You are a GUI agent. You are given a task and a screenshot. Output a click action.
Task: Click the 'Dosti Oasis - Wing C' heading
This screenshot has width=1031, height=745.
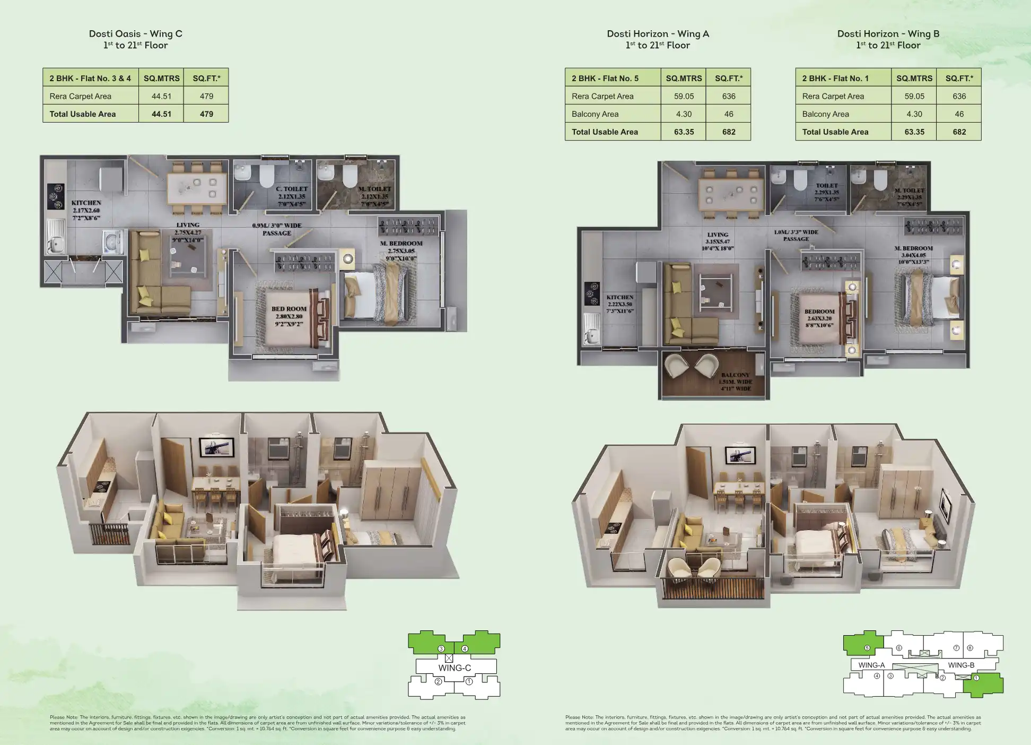pyautogui.click(x=135, y=33)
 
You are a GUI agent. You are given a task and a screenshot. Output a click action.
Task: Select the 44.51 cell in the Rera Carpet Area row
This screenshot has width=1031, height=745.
pyautogui.click(x=161, y=96)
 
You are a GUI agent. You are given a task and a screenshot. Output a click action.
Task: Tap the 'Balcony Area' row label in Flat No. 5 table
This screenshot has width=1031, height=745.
pyautogui.click(x=595, y=114)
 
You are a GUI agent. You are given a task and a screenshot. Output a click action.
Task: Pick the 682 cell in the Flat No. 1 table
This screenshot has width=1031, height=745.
pyautogui.click(x=959, y=132)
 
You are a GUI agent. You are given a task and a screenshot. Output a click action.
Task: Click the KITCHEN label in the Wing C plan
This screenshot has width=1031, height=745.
pyautogui.click(x=86, y=203)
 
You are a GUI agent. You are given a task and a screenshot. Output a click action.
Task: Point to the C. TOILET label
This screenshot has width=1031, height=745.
pyautogui.click(x=291, y=189)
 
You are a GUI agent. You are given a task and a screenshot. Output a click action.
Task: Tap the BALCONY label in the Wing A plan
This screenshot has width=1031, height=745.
pyautogui.click(x=735, y=375)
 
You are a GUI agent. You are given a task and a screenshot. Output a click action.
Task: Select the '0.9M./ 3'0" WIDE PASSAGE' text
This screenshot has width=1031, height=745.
pyautogui.click(x=276, y=229)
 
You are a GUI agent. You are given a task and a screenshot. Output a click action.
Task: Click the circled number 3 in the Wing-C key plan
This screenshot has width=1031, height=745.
pyautogui.click(x=441, y=648)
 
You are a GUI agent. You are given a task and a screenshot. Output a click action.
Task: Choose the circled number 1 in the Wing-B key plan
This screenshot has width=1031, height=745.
pyautogui.click(x=976, y=678)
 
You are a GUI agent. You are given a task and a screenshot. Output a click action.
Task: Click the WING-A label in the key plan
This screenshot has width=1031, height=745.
pyautogui.click(x=871, y=665)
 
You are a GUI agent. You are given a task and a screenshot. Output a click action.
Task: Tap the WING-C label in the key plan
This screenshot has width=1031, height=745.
pyautogui.click(x=455, y=668)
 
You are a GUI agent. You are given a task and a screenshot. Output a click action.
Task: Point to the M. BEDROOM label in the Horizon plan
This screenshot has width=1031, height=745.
pyautogui.click(x=913, y=248)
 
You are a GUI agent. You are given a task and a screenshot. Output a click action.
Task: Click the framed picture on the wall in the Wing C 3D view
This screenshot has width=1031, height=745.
pyautogui.click(x=216, y=447)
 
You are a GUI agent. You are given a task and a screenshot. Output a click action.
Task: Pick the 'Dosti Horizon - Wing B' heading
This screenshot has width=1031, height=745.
pyautogui.click(x=888, y=33)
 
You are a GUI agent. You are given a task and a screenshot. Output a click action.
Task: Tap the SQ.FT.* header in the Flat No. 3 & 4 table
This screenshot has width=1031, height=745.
pyautogui.click(x=206, y=78)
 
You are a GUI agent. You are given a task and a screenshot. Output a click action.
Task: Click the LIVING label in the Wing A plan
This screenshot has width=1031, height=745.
pyautogui.click(x=718, y=235)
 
